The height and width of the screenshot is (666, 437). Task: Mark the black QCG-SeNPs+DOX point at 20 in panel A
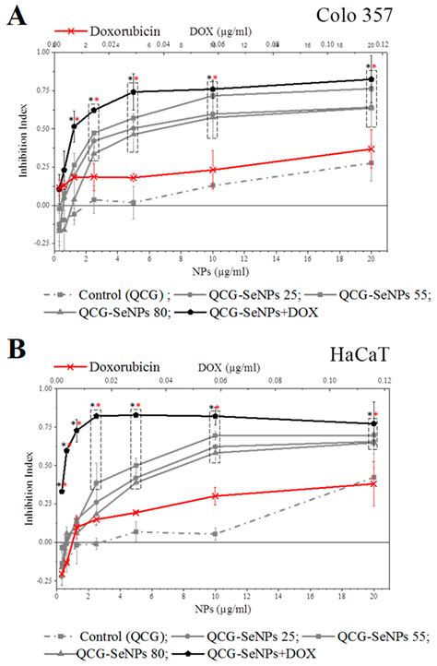(x=371, y=79)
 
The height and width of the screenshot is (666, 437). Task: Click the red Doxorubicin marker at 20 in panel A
(x=371, y=149)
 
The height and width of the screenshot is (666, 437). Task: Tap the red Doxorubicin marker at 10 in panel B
(x=215, y=495)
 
